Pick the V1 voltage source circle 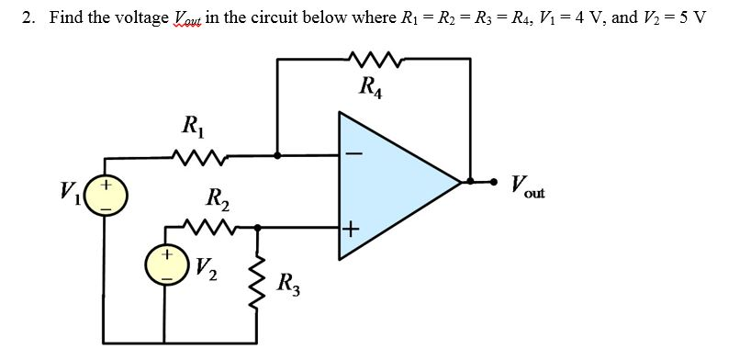tap(107, 195)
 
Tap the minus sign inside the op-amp tap(353, 153)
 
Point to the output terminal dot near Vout tap(497, 181)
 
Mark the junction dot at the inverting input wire tap(279, 154)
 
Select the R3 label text tap(286, 281)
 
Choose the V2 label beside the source tap(207, 268)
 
